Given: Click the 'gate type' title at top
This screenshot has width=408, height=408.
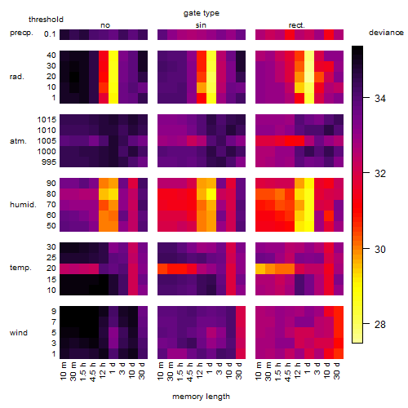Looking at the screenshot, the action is (202, 13).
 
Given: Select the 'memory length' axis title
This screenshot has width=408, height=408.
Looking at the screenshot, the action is (201, 397).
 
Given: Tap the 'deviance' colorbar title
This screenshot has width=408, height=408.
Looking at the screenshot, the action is (386, 33).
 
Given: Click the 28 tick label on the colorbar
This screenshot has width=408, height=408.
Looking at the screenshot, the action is (380, 324).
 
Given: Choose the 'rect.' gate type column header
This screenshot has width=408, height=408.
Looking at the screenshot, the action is (297, 25).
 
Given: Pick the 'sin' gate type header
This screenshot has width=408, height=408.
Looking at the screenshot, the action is (201, 25).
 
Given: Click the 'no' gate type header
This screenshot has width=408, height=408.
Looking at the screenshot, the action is (105, 25).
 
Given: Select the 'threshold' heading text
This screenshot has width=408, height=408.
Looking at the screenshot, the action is (46, 20).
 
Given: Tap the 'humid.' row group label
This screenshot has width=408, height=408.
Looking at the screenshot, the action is (23, 204).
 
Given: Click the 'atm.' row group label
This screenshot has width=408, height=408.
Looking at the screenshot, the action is (18, 141).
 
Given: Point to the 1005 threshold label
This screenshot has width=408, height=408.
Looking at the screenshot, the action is (47, 141).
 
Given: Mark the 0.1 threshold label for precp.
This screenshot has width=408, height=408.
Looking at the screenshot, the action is (50, 34).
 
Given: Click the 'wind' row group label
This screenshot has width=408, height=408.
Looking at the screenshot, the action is (19, 332).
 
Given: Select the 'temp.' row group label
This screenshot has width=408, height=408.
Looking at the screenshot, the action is (20, 268).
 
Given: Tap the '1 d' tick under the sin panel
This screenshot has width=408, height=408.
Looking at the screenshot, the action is (210, 368).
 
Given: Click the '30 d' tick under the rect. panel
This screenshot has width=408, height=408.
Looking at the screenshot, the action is (337, 370).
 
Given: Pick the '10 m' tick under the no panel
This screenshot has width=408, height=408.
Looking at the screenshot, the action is (63, 371).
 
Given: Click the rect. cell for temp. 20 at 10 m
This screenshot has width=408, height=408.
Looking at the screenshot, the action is (260, 268).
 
